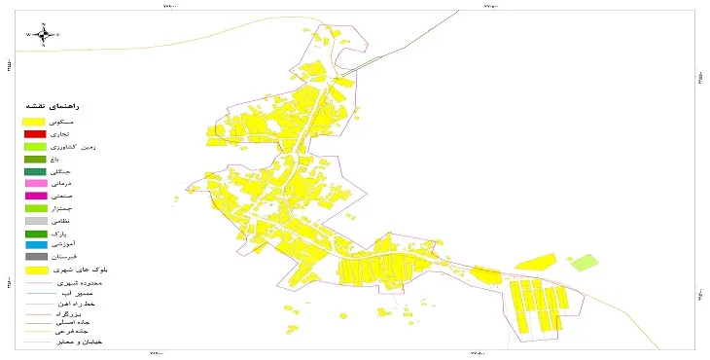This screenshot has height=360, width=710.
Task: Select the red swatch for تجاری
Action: point(35,133)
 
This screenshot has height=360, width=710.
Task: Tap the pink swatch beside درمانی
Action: point(35,183)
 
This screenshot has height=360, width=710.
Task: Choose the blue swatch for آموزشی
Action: point(35,245)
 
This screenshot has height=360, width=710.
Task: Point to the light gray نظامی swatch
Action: point(35,221)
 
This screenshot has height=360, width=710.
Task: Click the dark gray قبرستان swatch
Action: point(35,258)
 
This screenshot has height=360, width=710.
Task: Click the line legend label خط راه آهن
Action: point(87,305)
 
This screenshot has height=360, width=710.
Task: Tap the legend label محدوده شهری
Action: point(87,281)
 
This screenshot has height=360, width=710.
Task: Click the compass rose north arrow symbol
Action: point(43,35)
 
